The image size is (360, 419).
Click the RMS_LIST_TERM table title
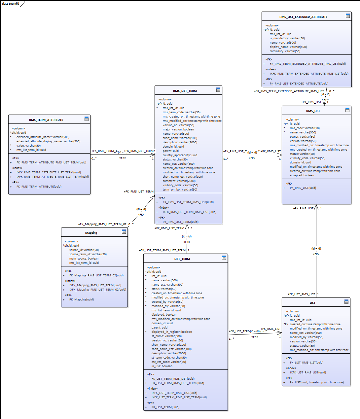185,91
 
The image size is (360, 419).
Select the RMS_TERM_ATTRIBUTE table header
46,120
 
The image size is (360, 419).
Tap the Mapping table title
91,233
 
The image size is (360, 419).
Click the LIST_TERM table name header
182,259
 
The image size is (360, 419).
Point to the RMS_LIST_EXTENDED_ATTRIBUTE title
303,17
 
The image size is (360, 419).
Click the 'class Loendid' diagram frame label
11,4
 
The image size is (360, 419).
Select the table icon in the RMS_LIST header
347,110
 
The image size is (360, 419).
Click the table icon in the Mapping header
124,232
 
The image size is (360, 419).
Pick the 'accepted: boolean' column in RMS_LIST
302,175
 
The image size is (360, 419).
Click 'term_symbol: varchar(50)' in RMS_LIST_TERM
180,190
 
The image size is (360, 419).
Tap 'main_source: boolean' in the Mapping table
84,259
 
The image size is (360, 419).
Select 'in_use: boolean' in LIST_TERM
162,366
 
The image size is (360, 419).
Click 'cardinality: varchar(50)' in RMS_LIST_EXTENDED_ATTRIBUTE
285,51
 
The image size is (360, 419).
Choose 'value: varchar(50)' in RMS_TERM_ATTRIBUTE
28,146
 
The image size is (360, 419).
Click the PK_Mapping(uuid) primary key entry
81,299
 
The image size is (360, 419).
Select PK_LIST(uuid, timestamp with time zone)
316,382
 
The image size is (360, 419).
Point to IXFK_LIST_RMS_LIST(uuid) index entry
308,372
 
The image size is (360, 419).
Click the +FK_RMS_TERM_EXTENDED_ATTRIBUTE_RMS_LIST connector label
289,91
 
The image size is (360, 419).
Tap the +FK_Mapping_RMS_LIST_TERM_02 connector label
102,224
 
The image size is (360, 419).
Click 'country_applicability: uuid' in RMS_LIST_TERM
180,155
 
